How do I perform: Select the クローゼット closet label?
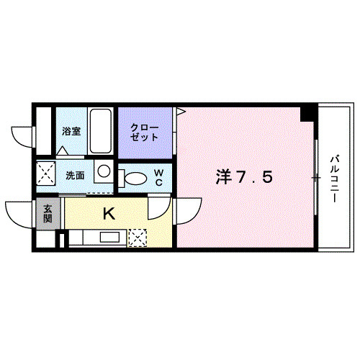tap(145, 132)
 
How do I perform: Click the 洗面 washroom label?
tap(75, 174)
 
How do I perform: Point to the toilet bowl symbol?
tap(134, 178)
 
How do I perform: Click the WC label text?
tap(160, 177)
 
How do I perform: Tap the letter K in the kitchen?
tap(109, 214)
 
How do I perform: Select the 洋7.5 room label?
tap(245, 176)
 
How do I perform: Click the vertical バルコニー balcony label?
tap(336, 176)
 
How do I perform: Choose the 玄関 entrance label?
tap(48, 214)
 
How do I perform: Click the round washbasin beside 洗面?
tap(104, 172)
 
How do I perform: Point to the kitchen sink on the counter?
tap(110, 237)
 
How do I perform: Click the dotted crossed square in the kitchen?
tap(137, 236)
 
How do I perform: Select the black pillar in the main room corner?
tap(307, 113)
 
